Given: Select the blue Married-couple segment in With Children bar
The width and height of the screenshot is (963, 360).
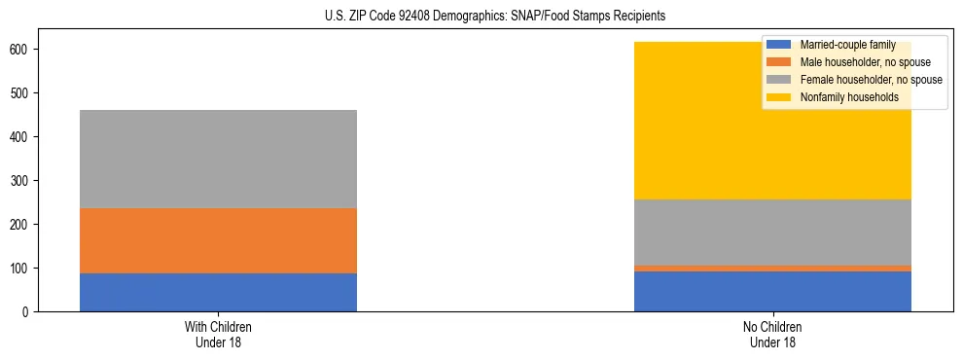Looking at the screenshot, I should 218,292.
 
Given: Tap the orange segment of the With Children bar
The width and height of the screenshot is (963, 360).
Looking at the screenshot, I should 218,240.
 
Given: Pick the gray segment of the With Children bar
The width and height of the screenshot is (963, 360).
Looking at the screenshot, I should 218,159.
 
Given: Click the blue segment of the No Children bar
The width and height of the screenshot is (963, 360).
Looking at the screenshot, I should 772,291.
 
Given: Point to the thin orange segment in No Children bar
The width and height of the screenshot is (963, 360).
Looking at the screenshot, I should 772,269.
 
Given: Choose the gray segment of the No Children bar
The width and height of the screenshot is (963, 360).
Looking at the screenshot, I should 772,232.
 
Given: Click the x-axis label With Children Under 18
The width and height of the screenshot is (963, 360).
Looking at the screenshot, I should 218,334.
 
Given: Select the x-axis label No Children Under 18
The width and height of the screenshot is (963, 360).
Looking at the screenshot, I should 772,334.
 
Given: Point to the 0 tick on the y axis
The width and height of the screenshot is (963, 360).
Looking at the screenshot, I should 29,311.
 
